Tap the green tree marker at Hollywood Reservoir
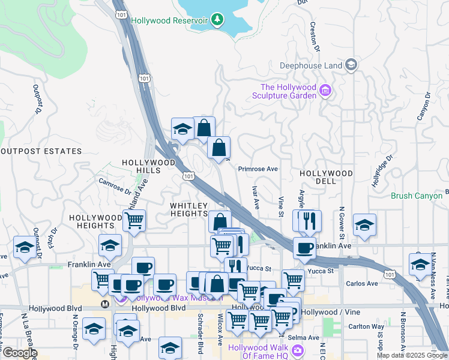(217, 20)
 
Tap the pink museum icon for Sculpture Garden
(325, 91)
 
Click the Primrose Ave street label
(258, 169)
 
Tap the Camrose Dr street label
(115, 186)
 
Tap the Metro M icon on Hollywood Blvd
(106, 303)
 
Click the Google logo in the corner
(19, 353)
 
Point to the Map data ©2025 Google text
(411, 355)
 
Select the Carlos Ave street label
(364, 283)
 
